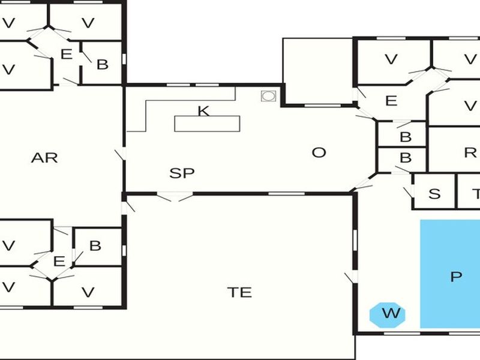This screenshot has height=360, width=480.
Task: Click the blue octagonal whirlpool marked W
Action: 387,314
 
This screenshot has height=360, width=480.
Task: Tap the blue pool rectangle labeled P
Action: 450,274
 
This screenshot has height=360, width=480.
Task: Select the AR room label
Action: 44,158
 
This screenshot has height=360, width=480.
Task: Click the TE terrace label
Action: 239,292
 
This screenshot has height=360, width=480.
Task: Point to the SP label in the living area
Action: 182,173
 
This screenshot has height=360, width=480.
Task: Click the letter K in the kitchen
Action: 204,111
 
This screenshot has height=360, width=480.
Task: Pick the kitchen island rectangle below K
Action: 207,124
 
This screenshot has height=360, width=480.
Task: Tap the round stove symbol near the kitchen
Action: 268,96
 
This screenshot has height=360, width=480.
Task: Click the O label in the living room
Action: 319,152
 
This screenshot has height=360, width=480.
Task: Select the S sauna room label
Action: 434,194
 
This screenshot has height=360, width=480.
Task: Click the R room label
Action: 470,152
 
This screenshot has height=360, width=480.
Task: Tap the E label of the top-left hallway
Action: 67,55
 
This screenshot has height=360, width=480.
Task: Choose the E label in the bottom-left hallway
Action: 59,262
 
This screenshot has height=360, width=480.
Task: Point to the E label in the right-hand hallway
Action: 391,101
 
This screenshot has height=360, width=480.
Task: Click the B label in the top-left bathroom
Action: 103,65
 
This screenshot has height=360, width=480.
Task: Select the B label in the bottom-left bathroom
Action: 95,246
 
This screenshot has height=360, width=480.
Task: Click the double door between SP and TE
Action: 175,196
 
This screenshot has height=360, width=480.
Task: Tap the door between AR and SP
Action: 121,154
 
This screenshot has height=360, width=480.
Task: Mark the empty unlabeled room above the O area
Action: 317,71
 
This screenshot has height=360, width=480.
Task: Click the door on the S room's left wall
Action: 409,192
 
